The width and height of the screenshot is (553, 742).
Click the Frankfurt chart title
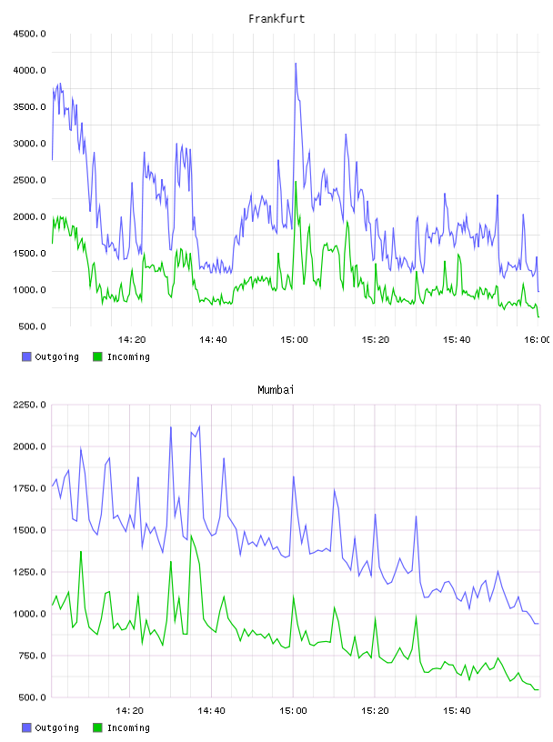coord(276,19)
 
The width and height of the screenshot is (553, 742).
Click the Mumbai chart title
coord(276,390)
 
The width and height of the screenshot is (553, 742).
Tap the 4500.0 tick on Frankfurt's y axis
coord(29,34)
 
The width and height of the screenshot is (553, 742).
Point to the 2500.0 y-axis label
coord(29,180)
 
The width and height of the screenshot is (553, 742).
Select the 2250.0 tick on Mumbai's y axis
coord(29,405)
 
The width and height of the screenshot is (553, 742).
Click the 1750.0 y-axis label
coord(29,488)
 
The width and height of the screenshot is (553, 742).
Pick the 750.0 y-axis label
coord(32,656)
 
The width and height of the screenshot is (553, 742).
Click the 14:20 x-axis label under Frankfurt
coord(132,340)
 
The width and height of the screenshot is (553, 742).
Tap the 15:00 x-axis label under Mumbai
coord(293,711)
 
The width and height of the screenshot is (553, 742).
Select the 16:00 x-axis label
coord(538,340)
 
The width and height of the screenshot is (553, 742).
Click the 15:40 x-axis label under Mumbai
coord(457,711)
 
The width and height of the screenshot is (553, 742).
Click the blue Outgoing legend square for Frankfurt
coord(26,356)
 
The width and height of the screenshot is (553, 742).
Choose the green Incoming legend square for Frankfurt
coord(97,356)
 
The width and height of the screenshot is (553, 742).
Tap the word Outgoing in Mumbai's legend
coord(56,727)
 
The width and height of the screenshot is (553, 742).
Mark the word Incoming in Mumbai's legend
coord(128,727)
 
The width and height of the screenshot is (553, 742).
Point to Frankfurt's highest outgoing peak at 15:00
coord(296,64)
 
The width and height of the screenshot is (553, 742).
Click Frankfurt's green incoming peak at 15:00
coord(296,182)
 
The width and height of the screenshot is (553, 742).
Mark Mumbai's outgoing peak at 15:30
coord(417,516)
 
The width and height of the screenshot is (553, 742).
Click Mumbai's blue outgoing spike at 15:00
coord(294,476)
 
